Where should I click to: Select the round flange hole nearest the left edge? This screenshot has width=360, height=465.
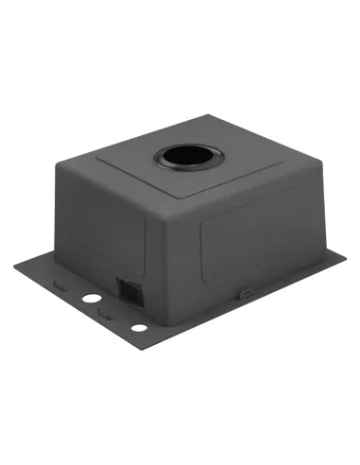(x=92, y=298)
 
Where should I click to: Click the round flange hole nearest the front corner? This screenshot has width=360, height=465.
(x=139, y=328)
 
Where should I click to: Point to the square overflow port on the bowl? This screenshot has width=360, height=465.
(x=126, y=289)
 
